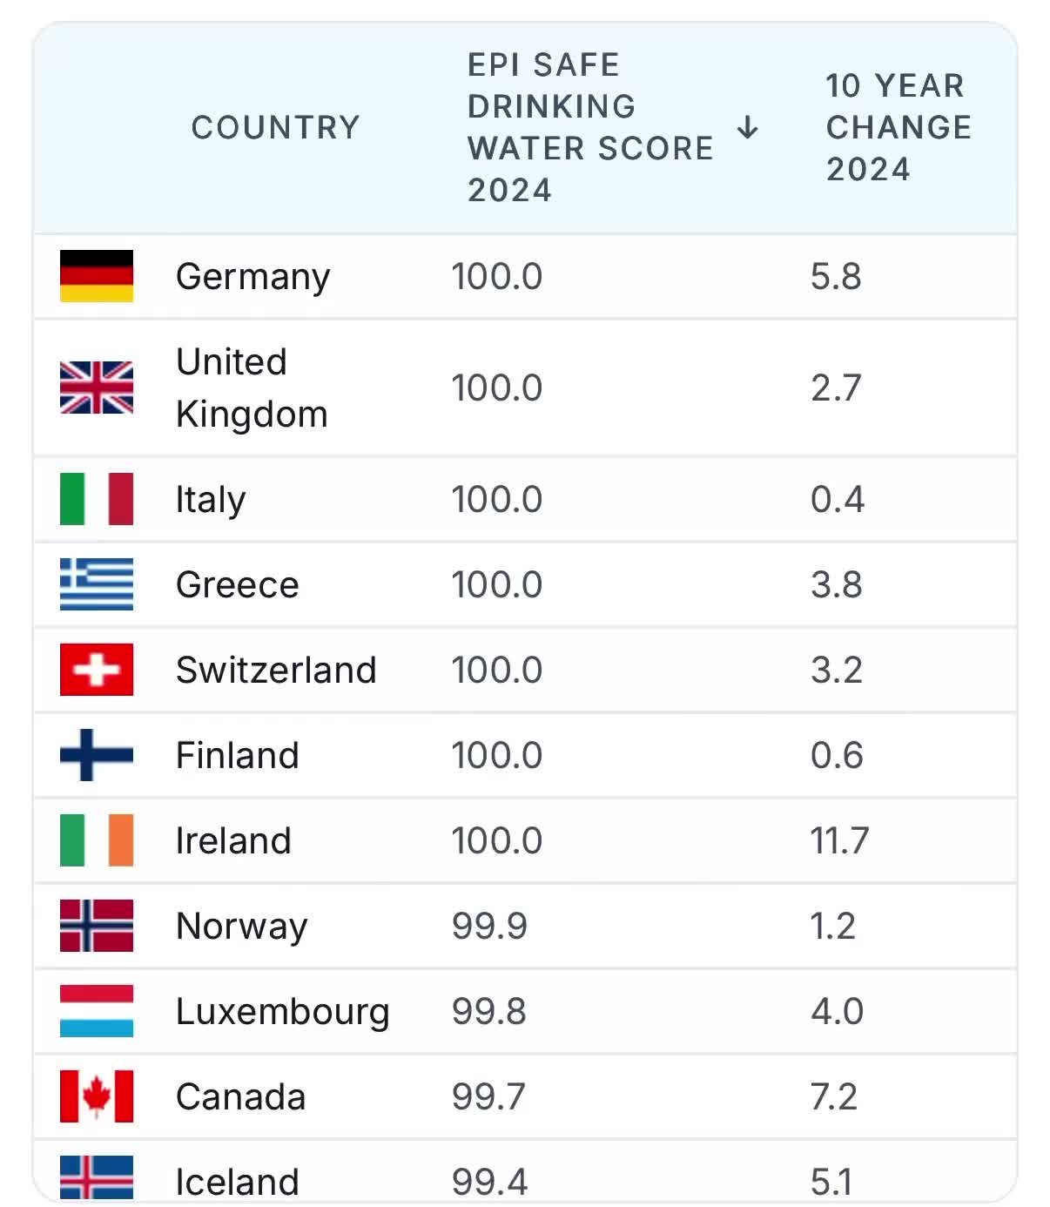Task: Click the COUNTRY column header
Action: click(275, 127)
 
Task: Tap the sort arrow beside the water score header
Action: click(747, 127)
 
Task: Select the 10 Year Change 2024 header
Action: click(898, 127)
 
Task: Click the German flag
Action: click(97, 275)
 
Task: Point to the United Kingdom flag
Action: click(97, 387)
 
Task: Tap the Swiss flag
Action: click(97, 669)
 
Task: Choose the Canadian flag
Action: click(97, 1096)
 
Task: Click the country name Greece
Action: click(237, 584)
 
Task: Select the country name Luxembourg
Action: click(283, 1012)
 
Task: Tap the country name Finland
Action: click(238, 754)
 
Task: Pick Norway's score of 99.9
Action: click(489, 926)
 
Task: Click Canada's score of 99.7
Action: click(488, 1096)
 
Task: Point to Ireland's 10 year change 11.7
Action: click(839, 840)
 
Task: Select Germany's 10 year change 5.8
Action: click(836, 276)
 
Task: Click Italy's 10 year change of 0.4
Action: click(838, 499)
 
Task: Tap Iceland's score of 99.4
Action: click(489, 1182)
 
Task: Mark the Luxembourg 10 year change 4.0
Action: click(838, 1011)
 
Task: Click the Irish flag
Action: click(97, 840)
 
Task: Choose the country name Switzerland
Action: click(276, 670)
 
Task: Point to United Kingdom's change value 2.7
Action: click(836, 388)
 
